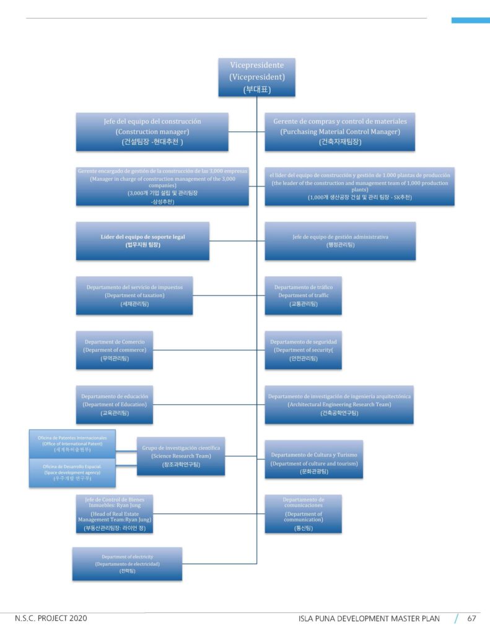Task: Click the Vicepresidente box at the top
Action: [x=256, y=77]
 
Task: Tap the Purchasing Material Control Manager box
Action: [x=339, y=131]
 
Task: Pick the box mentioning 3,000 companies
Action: [x=164, y=186]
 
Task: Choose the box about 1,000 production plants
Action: [x=359, y=186]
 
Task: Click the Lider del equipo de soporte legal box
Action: [x=142, y=241]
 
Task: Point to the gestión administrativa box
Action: [x=340, y=241]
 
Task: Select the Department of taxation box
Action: [x=134, y=295]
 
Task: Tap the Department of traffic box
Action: [x=303, y=295]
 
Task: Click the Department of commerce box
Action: [x=115, y=350]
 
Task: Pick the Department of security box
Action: [x=303, y=350]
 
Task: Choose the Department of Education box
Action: [x=115, y=404]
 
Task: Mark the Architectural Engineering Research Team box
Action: [x=339, y=404]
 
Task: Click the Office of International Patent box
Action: [x=73, y=444]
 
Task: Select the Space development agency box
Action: [x=73, y=473]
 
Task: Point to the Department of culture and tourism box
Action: [x=313, y=459]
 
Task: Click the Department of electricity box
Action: [x=127, y=563]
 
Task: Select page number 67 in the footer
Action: [x=471, y=618]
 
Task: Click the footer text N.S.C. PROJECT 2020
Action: [x=51, y=618]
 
